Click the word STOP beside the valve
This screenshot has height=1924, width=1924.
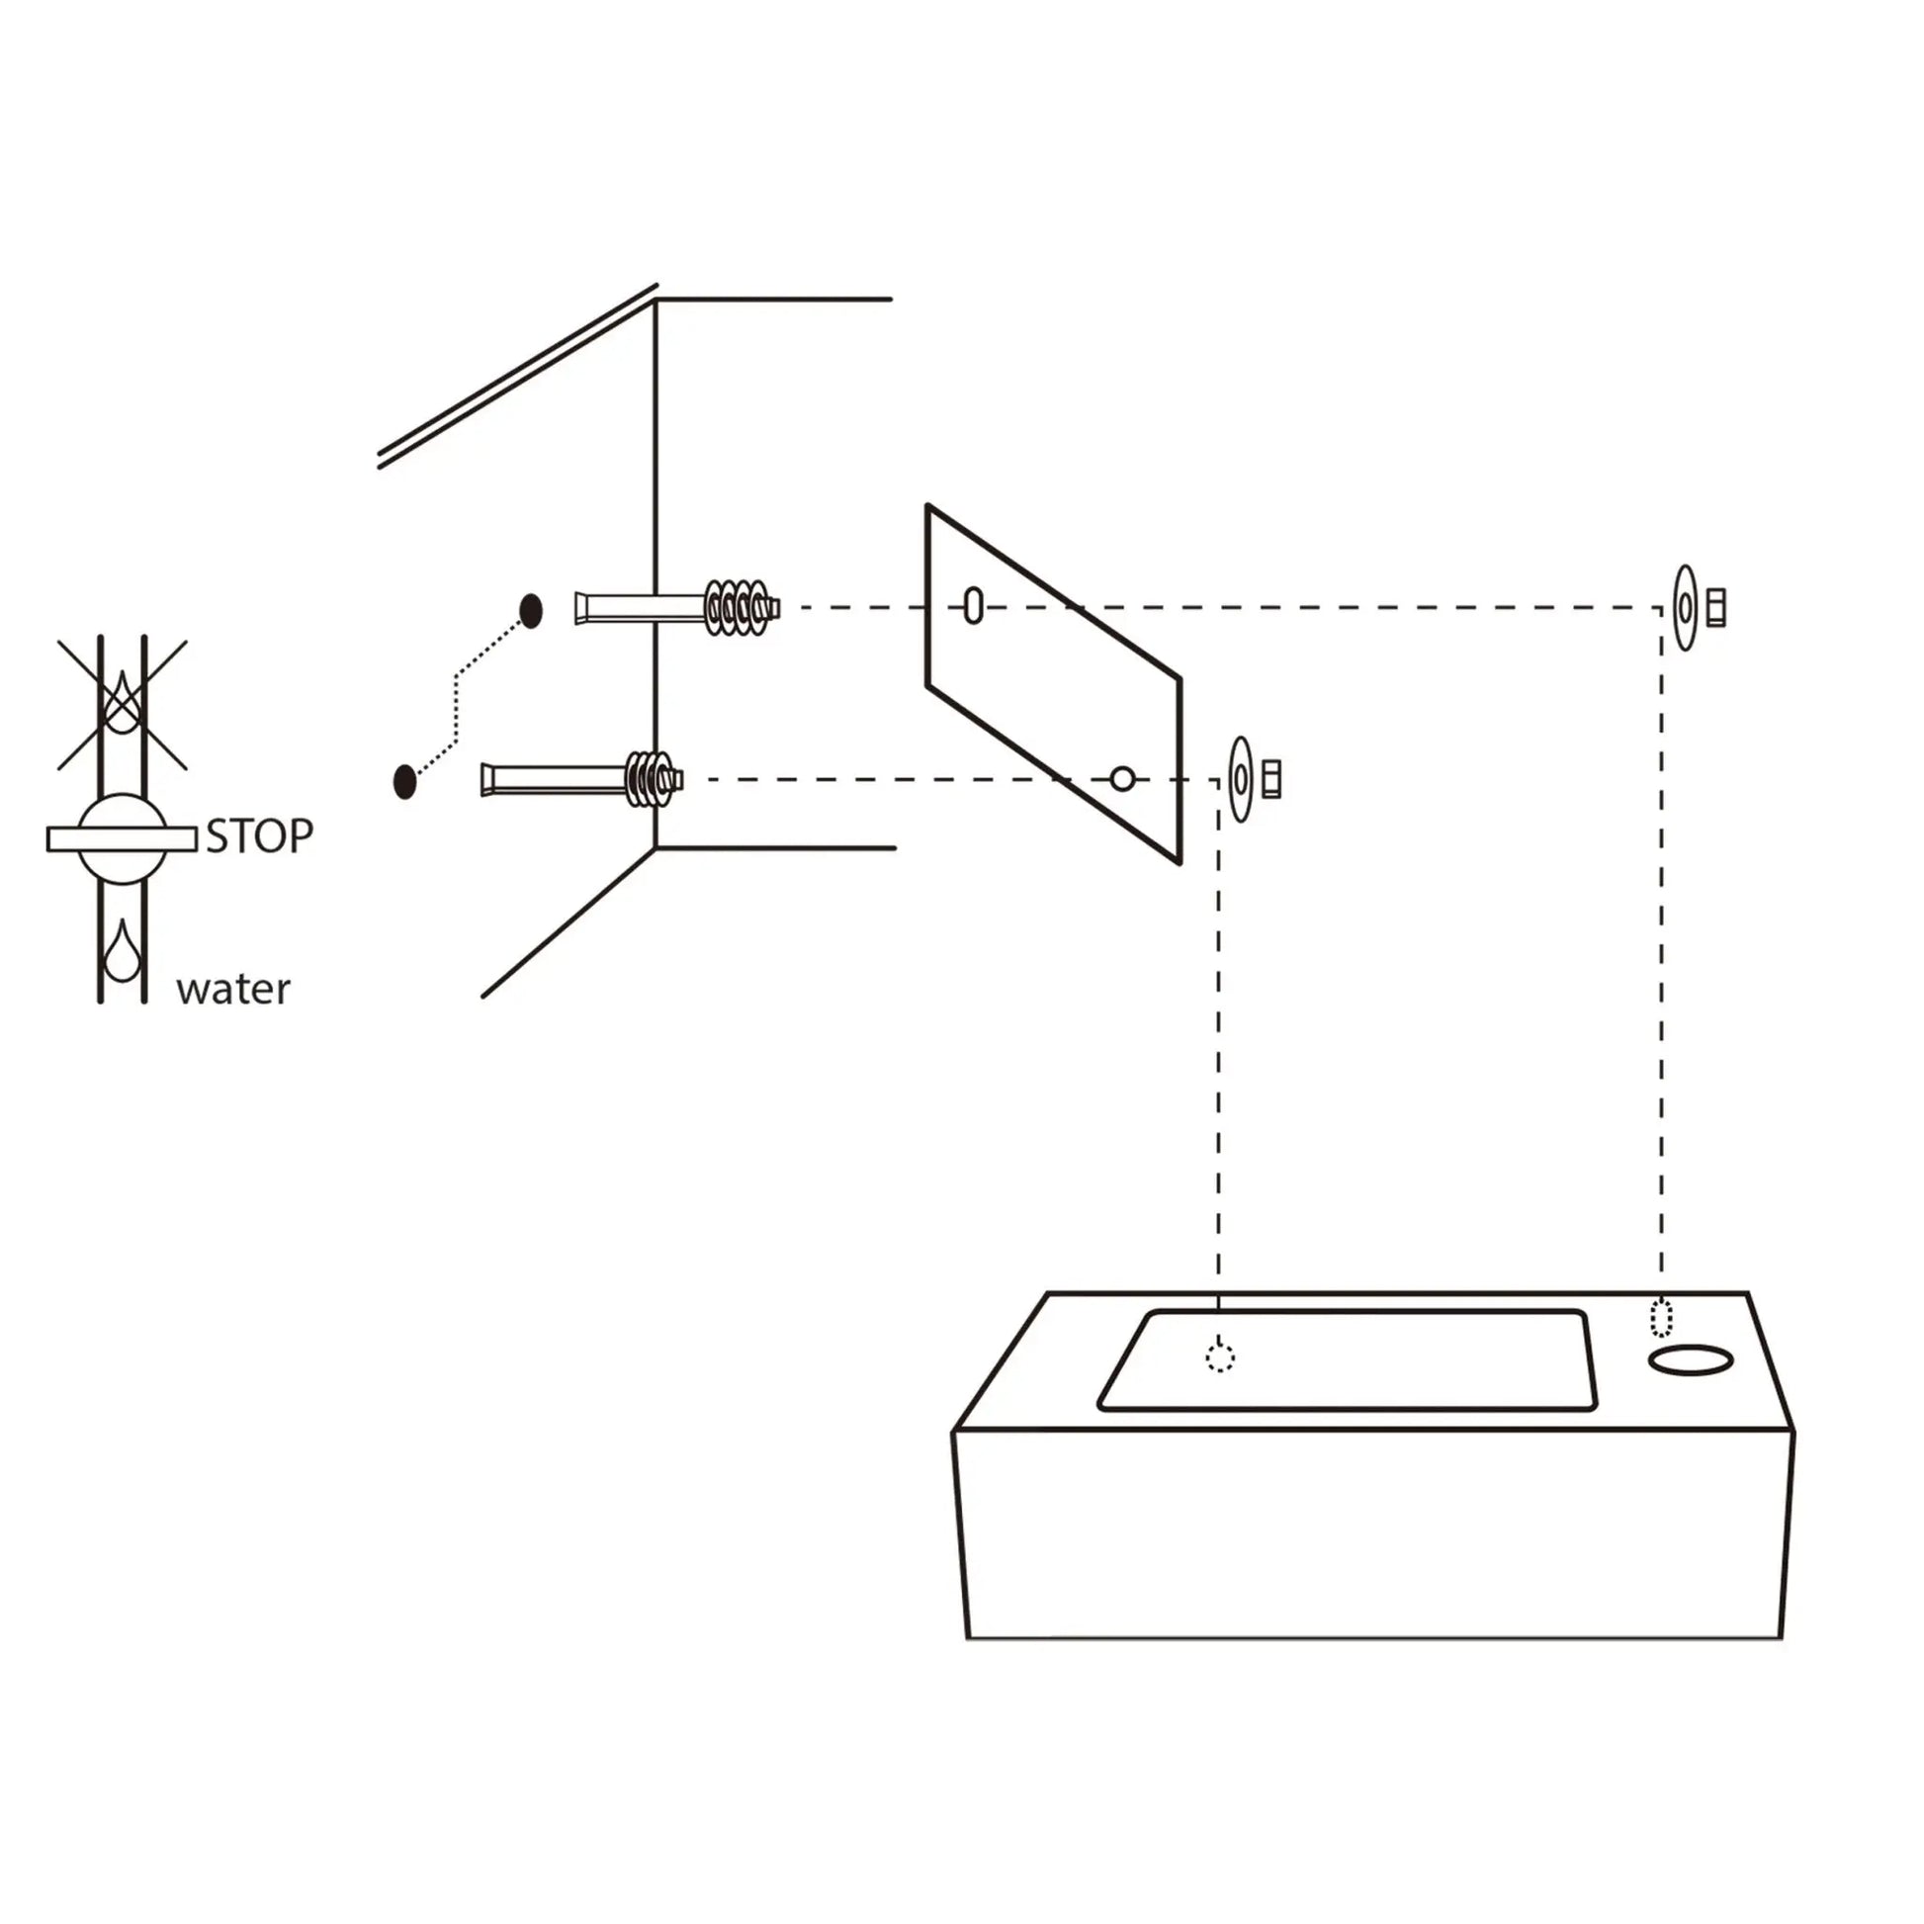coord(260,836)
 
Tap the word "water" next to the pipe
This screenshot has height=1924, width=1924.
coord(233,989)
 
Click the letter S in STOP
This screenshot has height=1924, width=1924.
coord(217,836)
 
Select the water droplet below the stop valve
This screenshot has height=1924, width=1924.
coord(122,950)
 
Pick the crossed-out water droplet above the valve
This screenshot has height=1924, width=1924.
coord(122,702)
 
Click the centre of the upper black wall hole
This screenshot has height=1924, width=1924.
coord(532,611)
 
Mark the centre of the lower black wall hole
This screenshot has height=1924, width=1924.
coord(404,782)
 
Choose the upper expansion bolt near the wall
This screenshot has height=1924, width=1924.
coord(677,606)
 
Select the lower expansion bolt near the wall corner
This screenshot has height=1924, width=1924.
coord(582,778)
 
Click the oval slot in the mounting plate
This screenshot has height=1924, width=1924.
coord(974,605)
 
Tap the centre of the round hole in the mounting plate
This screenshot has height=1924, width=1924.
coord(1122,779)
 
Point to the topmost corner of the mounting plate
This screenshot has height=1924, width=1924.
coord(928,506)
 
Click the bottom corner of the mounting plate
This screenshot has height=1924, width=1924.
coord(1181,863)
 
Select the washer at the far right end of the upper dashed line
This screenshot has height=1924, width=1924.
coord(1685,607)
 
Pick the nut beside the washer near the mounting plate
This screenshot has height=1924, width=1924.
coord(1271,779)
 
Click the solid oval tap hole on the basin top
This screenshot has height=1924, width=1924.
coord(1691,1359)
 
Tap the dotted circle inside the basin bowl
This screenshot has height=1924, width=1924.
coord(1220,1356)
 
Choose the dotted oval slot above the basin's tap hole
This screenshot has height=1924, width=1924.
coord(1661,1319)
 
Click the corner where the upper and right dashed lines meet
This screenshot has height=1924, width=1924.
coord(1660,607)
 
